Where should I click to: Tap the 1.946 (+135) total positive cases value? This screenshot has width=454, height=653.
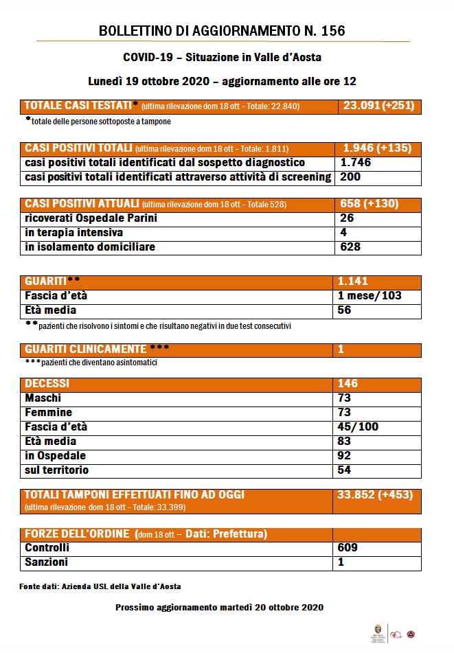(378, 148)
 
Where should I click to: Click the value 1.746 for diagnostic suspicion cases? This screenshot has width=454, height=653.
(356, 163)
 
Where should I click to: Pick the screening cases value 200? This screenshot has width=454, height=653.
(350, 177)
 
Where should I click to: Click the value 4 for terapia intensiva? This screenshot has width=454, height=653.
(343, 233)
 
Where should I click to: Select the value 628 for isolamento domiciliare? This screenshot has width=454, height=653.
(350, 247)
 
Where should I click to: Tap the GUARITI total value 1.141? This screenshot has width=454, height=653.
(353, 282)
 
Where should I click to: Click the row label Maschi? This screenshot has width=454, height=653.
(43, 398)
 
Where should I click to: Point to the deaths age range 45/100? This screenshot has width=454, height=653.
(358, 427)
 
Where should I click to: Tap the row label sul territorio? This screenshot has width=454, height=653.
(56, 470)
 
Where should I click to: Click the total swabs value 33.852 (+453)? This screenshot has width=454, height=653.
(375, 494)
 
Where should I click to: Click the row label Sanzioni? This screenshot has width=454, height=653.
(46, 562)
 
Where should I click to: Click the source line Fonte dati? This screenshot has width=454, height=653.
(100, 587)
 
